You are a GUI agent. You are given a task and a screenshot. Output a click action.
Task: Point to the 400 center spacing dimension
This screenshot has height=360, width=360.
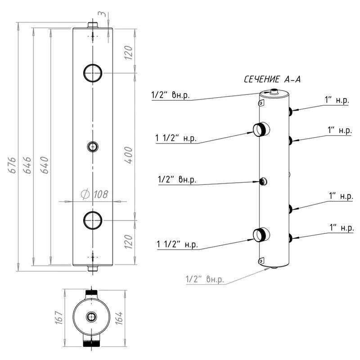[x=130, y=154]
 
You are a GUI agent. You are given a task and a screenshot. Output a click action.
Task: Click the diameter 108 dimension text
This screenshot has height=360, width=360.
[x=95, y=194]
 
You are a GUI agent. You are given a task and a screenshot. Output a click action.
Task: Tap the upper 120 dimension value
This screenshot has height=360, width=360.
[x=129, y=53]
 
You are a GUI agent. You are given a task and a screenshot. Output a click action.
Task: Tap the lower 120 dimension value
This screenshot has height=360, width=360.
[x=129, y=243]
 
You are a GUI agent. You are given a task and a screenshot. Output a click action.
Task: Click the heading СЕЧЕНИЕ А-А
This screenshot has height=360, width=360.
[x=272, y=80]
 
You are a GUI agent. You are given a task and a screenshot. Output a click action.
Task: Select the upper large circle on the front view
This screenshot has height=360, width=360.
[x=93, y=72]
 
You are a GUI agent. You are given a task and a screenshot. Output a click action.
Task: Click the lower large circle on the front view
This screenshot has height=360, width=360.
[x=93, y=220]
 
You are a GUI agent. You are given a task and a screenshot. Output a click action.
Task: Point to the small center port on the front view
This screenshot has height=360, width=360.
[x=93, y=146]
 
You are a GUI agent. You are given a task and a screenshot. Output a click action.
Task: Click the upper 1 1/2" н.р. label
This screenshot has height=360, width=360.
[x=176, y=138]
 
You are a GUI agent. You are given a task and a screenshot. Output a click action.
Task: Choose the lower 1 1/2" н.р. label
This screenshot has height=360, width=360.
[x=177, y=244]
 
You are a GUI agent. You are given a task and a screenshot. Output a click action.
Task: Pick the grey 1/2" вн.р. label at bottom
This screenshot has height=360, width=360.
[x=205, y=279]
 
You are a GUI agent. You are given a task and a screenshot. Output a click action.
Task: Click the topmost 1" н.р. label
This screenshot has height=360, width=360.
[x=337, y=101]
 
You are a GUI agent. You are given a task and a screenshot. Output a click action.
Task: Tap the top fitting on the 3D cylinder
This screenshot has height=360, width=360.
[x=273, y=92]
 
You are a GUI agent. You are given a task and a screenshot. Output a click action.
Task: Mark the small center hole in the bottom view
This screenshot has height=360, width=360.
[x=92, y=317]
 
